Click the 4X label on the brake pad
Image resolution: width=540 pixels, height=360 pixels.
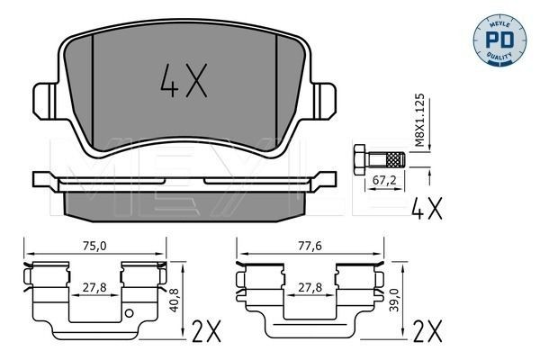[x=184, y=83]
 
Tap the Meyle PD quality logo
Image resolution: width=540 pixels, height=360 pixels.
[x=498, y=40]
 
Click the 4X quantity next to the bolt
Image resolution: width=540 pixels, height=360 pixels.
[x=427, y=211]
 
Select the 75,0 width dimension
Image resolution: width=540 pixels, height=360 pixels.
[x=93, y=244]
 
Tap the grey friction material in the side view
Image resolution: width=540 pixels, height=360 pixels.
[x=184, y=208]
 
